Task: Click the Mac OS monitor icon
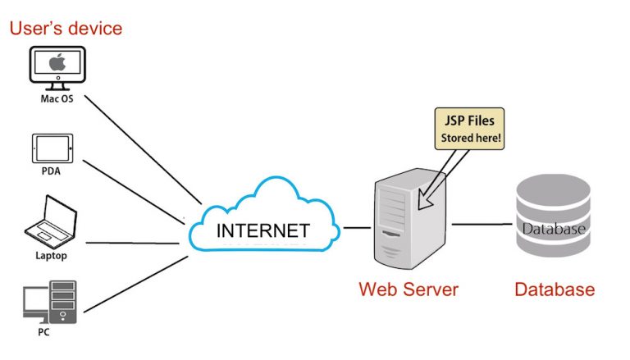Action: [57, 68]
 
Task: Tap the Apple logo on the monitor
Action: [57, 62]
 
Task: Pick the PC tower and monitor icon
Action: [51, 302]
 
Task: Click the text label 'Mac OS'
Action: [57, 99]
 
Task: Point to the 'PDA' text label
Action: [52, 172]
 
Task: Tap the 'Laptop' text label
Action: [51, 255]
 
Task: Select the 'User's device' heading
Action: [66, 29]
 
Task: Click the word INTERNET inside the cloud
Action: [262, 230]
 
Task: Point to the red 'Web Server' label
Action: [408, 289]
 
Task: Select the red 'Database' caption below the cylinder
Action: [554, 289]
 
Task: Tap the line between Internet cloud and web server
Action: [356, 227]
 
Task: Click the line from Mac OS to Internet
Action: [139, 148]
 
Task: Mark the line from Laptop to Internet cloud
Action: [131, 242]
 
